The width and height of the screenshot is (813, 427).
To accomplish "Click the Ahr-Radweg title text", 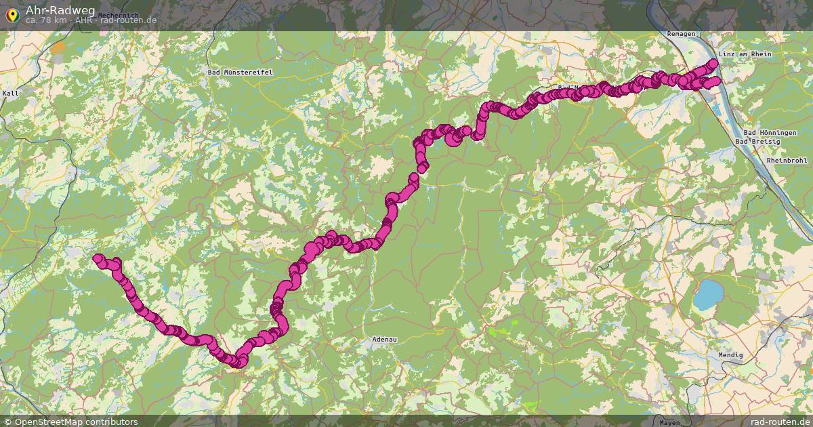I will pos(60,9).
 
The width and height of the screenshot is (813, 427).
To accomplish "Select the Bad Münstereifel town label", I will pos(235,71).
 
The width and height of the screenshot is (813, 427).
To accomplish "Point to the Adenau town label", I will pos(384,338).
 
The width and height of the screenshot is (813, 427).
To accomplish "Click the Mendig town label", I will pos(730,355).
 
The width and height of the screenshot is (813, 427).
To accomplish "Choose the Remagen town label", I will pos(681,33).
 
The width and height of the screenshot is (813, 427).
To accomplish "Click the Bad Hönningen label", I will pos(770,133).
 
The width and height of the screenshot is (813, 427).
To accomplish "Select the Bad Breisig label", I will pos(757,141).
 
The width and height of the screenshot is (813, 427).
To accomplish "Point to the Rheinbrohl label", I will pos(787,160).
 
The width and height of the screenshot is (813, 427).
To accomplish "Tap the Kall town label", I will pos(11,93).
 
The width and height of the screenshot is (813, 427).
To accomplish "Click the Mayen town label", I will pos(669,422).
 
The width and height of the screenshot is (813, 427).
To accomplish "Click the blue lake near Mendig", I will pos(709,294).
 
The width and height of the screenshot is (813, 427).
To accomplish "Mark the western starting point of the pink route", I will pos(98,258).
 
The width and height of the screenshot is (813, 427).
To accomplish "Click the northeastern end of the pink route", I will pos(713,64).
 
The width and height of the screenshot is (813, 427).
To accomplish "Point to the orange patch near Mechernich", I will pos(59,47).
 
